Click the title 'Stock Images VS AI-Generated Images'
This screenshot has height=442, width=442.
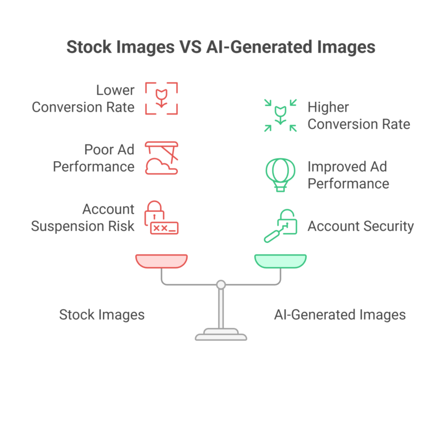[221, 47]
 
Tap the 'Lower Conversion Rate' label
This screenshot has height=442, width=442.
[83, 98]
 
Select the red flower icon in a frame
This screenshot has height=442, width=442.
[161, 98]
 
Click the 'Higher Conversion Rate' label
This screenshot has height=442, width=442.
[359, 115]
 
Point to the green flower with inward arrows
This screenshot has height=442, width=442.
[280, 115]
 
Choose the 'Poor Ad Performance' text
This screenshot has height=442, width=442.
[93, 158]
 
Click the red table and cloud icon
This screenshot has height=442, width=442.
[161, 158]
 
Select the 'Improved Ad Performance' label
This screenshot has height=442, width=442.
[348, 175]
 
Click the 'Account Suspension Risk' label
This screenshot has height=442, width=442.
[83, 218]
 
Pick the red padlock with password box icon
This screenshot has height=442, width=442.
[161, 218]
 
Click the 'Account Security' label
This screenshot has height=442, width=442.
[360, 226]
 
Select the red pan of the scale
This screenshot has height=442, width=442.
[161, 261]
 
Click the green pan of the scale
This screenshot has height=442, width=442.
[280, 261]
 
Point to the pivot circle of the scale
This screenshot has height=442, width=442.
[221, 284]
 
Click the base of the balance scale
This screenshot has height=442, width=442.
[221, 334]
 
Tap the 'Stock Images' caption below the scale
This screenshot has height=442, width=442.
[102, 315]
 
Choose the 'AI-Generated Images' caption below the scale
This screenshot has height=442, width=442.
[340, 315]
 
